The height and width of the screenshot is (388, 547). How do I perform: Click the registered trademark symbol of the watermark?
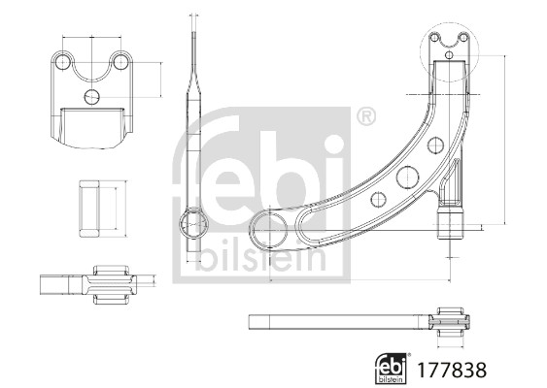coord(365,117)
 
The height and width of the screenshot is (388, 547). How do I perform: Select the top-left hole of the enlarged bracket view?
coord(63,62)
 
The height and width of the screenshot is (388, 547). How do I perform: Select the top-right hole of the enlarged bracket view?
coord(120,62)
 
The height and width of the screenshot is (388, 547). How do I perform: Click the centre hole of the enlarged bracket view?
coord(91,96)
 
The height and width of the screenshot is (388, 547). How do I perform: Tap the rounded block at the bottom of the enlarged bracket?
coord(92,127)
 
